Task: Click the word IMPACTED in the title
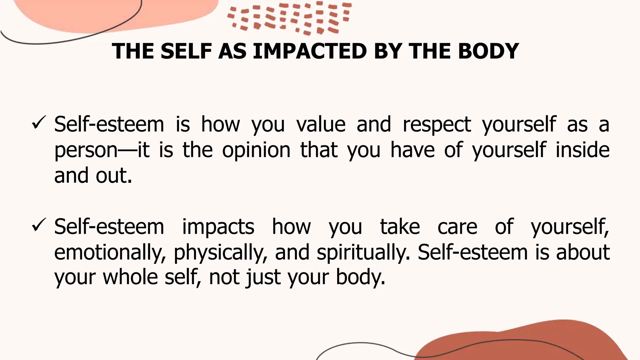pos(309,51)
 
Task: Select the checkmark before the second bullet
pos(39,226)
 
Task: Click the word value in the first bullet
pos(321,124)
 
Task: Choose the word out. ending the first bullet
pos(114,175)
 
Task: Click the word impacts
pos(218,227)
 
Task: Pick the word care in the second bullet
pos(457,227)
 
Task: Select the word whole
pos(130,277)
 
